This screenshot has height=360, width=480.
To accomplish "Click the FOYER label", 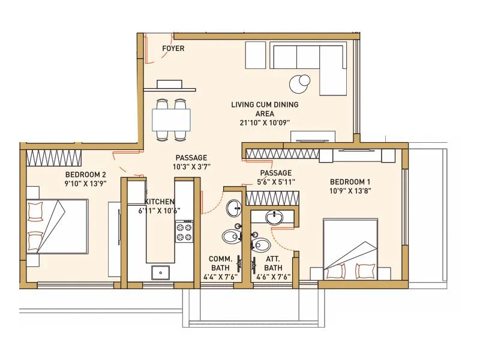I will tap(173, 49).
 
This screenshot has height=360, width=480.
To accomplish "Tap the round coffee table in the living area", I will tap(299, 83).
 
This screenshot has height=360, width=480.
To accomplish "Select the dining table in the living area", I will tap(171, 119).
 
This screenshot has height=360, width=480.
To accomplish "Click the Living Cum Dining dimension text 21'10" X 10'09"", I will tap(265, 122).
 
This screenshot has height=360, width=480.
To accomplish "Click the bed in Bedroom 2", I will tap(57, 226).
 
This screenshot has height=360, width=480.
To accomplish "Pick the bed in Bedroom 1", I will tap(350, 248).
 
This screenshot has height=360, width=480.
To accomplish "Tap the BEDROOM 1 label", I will tap(350, 182).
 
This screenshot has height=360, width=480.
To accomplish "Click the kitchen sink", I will tap(160, 272).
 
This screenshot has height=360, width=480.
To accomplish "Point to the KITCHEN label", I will tap(160, 202).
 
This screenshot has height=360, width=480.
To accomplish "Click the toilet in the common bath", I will tap(230, 236).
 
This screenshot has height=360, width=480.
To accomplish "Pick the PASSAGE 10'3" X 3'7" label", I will tap(191, 162).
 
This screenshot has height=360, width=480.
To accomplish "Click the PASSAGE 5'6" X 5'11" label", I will tap(275, 177).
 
